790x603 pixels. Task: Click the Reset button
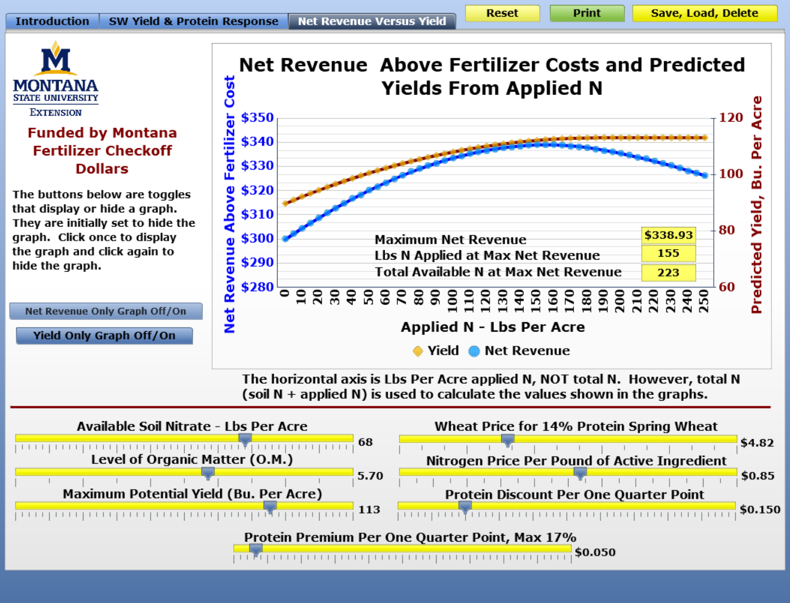point(503,13)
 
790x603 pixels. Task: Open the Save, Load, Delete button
point(704,13)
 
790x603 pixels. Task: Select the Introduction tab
point(53,21)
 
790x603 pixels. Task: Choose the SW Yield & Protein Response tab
point(194,21)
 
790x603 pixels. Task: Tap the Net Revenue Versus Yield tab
point(372,21)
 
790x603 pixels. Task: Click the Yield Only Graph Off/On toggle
point(104,335)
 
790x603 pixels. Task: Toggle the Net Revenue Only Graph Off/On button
point(106,311)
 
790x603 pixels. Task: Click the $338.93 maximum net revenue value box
point(668,235)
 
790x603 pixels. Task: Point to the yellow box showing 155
point(668,253)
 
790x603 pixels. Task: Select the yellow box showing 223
point(668,272)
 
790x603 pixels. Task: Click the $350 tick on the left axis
point(257,118)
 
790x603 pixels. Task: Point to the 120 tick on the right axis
point(731,118)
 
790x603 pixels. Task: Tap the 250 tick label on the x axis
point(704,301)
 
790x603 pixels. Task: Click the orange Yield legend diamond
point(418,351)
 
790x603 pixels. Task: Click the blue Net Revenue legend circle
point(474,351)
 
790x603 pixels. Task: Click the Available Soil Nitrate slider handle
point(245,440)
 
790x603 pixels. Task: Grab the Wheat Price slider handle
point(508,440)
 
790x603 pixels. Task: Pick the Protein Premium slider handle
point(256,550)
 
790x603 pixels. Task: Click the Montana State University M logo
point(56,58)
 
